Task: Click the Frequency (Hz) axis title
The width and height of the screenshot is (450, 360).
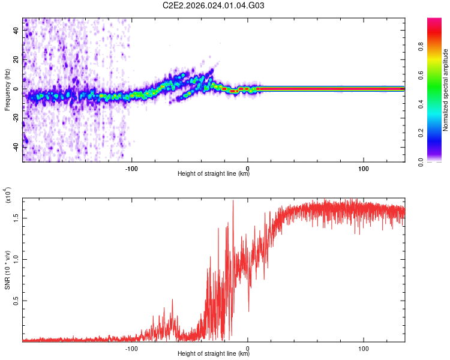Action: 7,89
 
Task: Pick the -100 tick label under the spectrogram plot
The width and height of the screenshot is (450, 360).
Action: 132,167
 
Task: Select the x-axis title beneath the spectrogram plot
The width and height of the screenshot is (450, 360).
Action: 214,174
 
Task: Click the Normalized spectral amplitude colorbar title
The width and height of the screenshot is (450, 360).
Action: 446,90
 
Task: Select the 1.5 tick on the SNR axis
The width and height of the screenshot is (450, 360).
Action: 16,218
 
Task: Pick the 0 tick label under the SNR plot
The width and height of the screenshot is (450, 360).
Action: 248,347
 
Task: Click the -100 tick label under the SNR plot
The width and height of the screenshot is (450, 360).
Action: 132,347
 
